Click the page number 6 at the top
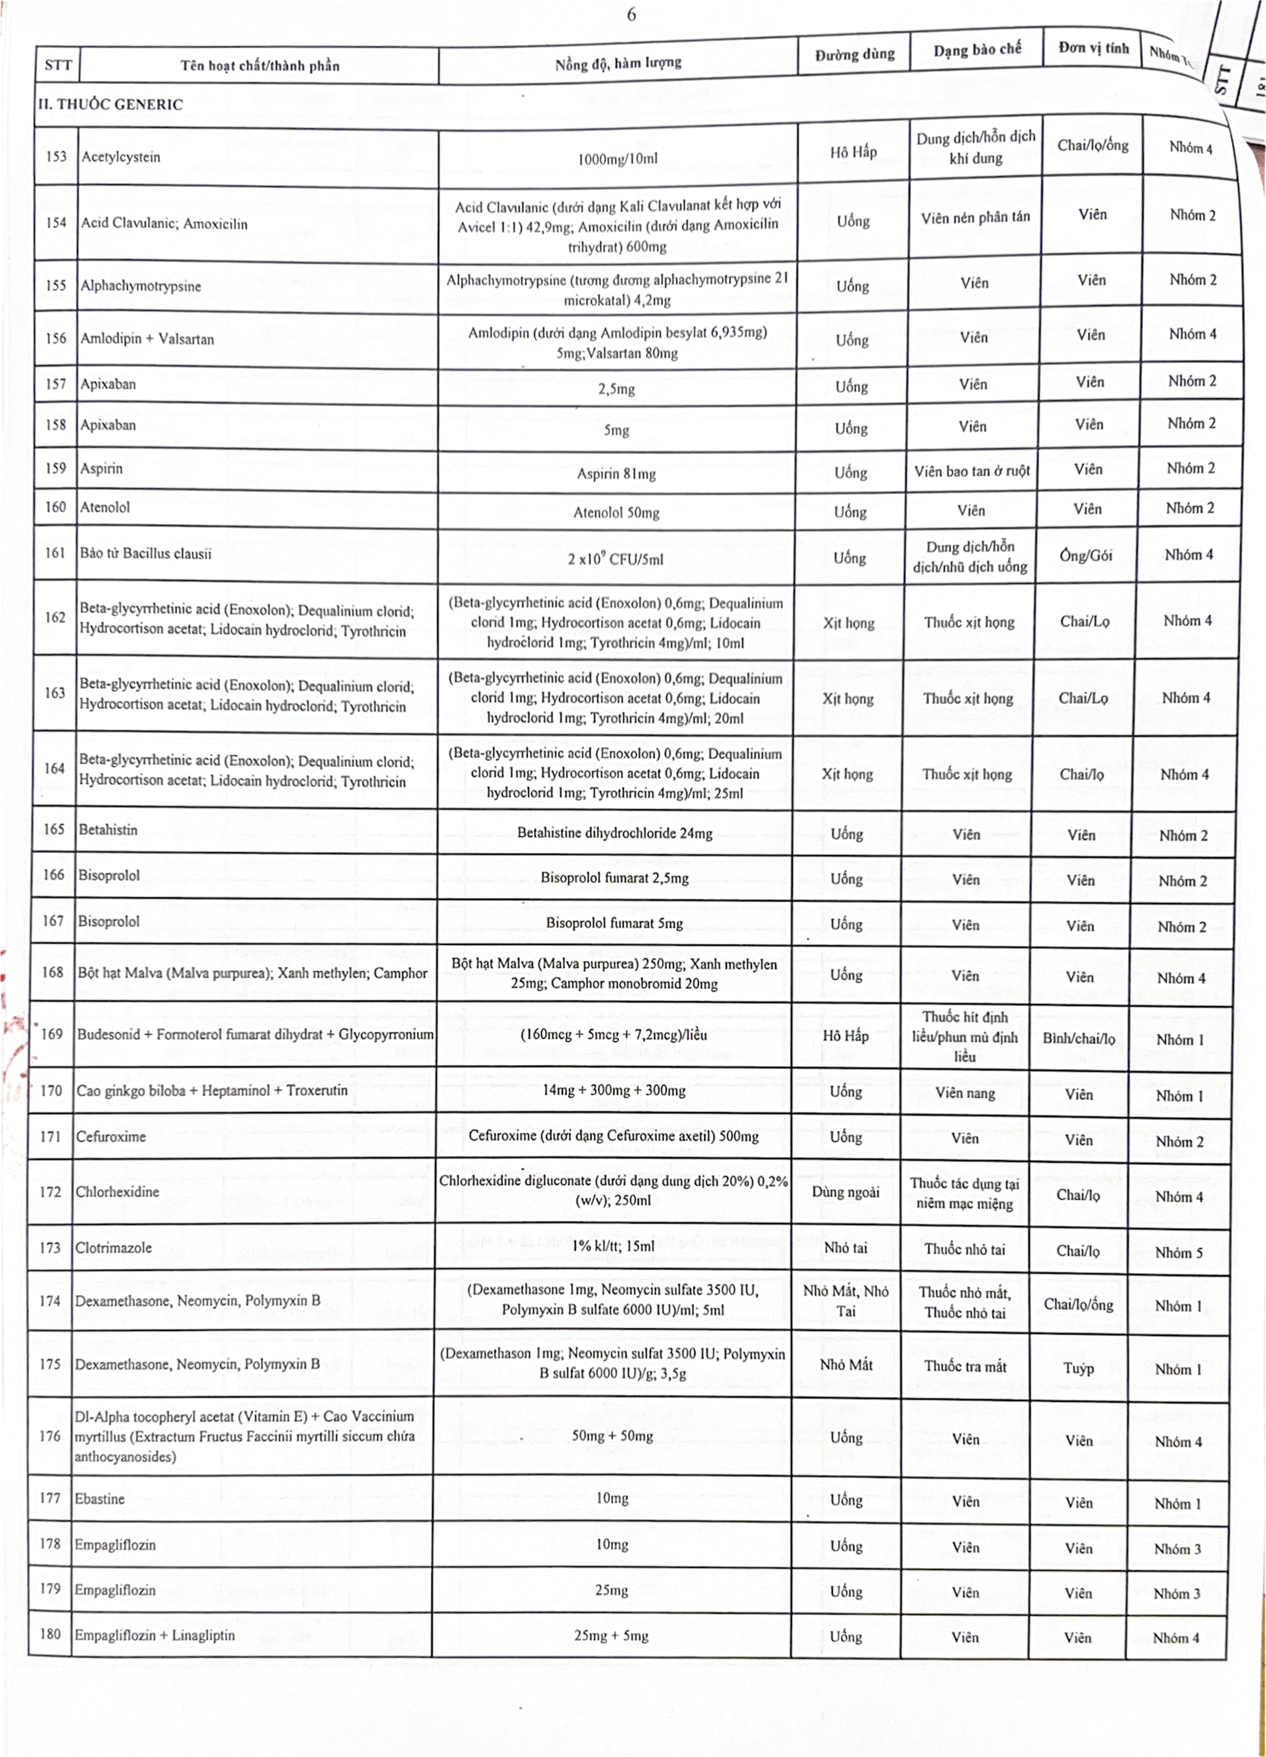click(x=631, y=15)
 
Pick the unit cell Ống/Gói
click(x=1085, y=555)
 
